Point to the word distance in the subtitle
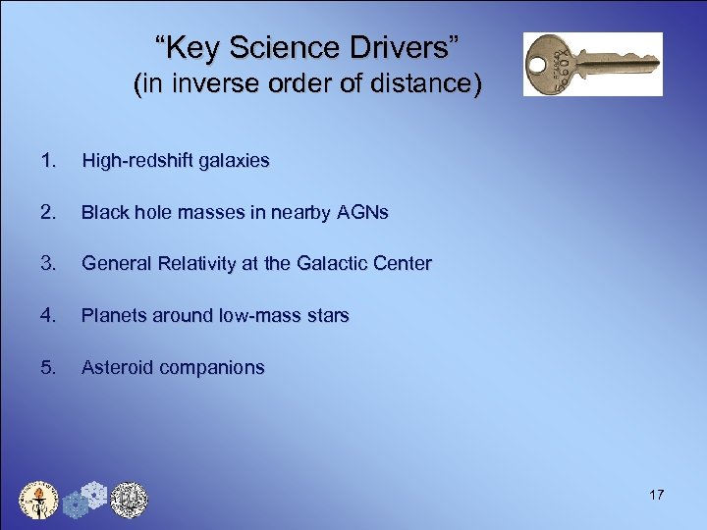tap(428, 85)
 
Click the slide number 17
tap(656, 495)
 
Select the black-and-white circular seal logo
tap(128, 500)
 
